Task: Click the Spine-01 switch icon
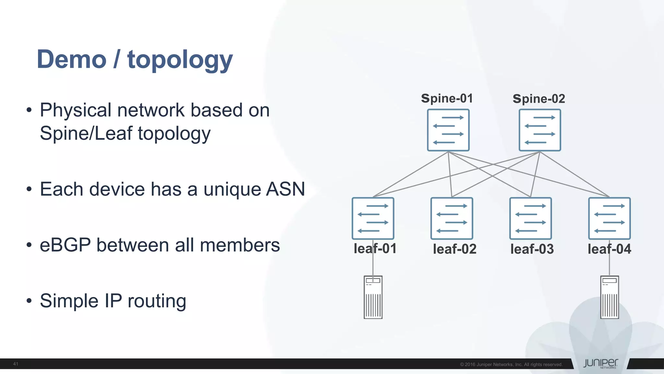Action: click(448, 130)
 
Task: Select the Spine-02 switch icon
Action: click(540, 130)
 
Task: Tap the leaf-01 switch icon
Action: click(373, 218)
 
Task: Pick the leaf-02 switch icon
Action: click(452, 218)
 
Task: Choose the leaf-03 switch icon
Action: click(530, 218)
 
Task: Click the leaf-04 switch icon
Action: click(610, 218)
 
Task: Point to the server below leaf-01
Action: click(373, 297)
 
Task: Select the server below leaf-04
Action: click(610, 297)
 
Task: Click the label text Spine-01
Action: click(447, 98)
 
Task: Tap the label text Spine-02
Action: click(539, 99)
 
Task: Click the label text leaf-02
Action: click(455, 249)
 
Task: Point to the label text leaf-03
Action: click(532, 249)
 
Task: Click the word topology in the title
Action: click(180, 60)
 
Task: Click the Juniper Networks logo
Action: click(600, 363)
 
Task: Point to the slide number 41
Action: click(16, 364)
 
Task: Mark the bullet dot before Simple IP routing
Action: click(29, 301)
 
